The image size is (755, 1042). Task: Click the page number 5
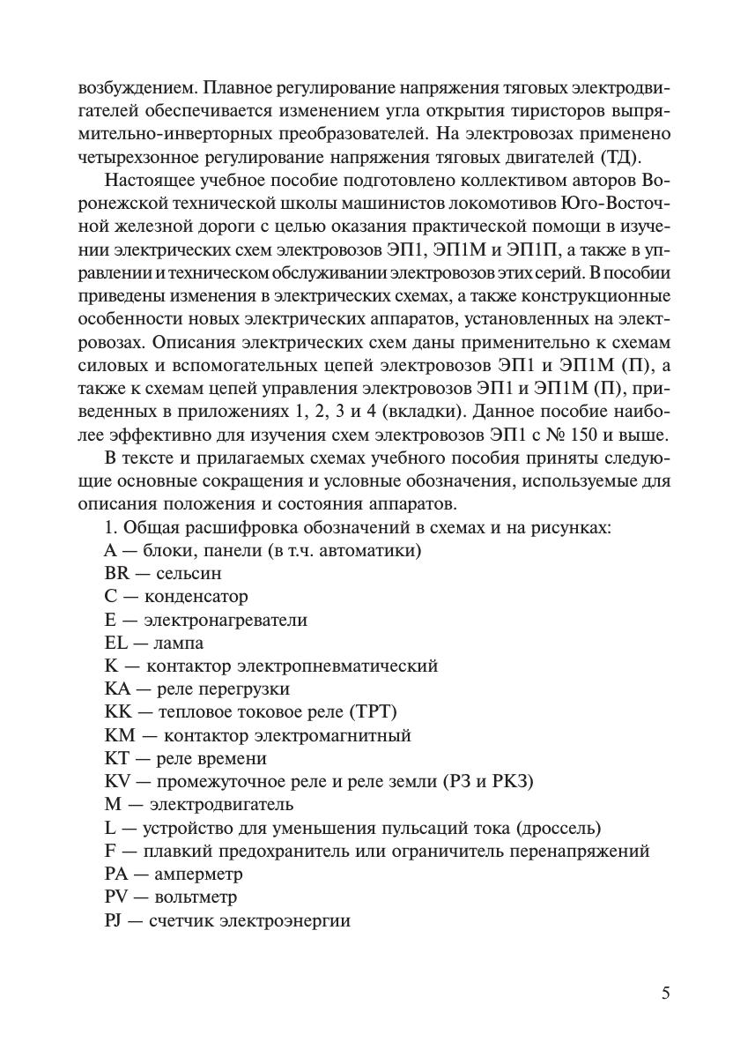[x=665, y=994]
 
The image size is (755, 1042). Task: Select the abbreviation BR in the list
[x=116, y=574]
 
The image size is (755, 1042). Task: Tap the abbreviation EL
[x=115, y=643]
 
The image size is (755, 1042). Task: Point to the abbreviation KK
[x=117, y=711]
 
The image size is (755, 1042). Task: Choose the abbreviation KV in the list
[x=117, y=781]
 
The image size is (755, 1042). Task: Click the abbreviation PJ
[x=114, y=920]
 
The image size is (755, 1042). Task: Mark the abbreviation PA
[x=116, y=875]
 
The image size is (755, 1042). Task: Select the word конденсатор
[x=196, y=597]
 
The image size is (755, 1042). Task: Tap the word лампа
[x=179, y=643]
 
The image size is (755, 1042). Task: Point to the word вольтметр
[x=196, y=897]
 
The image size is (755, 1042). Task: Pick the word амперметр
[x=198, y=875]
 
